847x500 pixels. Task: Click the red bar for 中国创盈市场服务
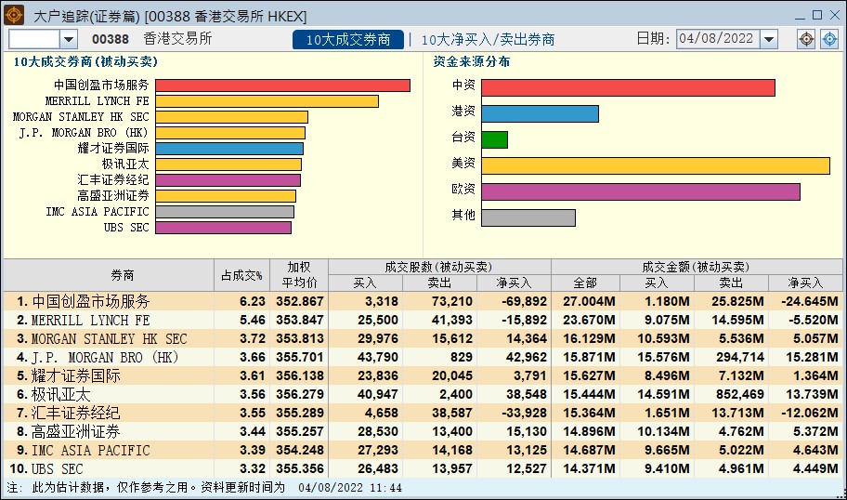coord(282,86)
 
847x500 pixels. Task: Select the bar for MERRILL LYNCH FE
coord(267,101)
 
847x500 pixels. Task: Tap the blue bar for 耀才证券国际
coord(229,149)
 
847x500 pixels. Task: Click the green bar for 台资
coord(494,139)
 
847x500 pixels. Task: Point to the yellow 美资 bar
coord(655,165)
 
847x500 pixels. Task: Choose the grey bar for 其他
coord(528,217)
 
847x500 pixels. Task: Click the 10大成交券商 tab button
coord(348,40)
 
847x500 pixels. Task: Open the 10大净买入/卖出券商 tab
coord(489,40)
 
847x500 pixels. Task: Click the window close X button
coord(833,15)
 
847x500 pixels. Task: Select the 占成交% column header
coord(241,275)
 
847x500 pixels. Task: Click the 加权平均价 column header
coord(299,275)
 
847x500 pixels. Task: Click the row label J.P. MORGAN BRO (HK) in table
coord(104,357)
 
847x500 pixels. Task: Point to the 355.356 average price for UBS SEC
coord(299,468)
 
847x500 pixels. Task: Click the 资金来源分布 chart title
coord(472,62)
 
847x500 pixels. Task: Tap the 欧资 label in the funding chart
coord(463,191)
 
